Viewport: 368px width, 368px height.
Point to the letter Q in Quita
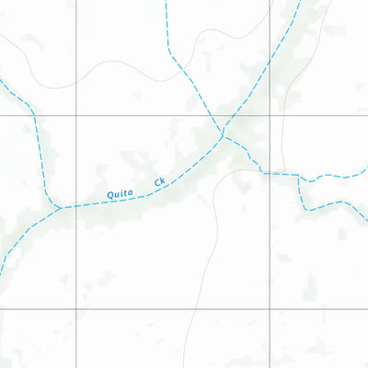(x=110, y=196)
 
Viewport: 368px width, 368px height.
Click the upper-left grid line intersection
(x=75, y=116)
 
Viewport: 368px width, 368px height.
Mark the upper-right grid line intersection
(x=270, y=116)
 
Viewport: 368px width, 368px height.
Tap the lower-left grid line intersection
(x=75, y=309)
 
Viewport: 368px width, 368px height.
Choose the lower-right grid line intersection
(x=270, y=309)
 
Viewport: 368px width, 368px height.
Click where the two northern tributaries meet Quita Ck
(x=223, y=136)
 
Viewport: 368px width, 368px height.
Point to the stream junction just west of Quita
(x=61, y=207)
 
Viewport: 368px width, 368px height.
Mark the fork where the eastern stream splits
(x=301, y=175)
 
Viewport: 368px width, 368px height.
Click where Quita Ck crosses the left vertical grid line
(x=75, y=204)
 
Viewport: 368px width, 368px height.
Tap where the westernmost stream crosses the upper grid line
(x=33, y=116)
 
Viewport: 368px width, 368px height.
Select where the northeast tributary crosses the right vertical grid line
(x=270, y=60)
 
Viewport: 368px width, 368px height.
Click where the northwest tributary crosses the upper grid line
(x=209, y=116)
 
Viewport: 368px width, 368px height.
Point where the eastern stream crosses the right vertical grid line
(x=270, y=172)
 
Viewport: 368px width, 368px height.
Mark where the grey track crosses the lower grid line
(x=190, y=309)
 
